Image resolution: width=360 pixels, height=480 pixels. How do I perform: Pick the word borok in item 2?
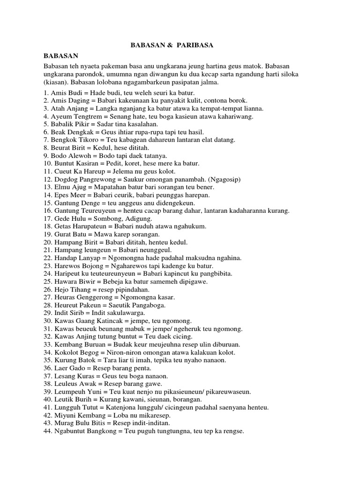[238, 100]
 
